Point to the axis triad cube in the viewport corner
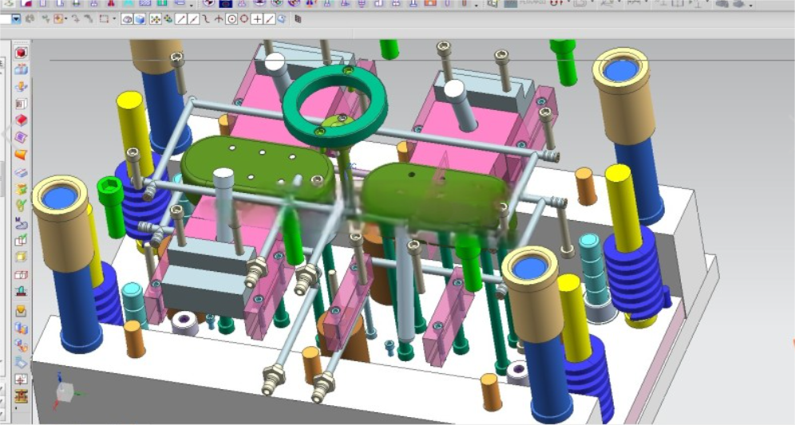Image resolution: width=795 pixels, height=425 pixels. [x=64, y=390]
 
